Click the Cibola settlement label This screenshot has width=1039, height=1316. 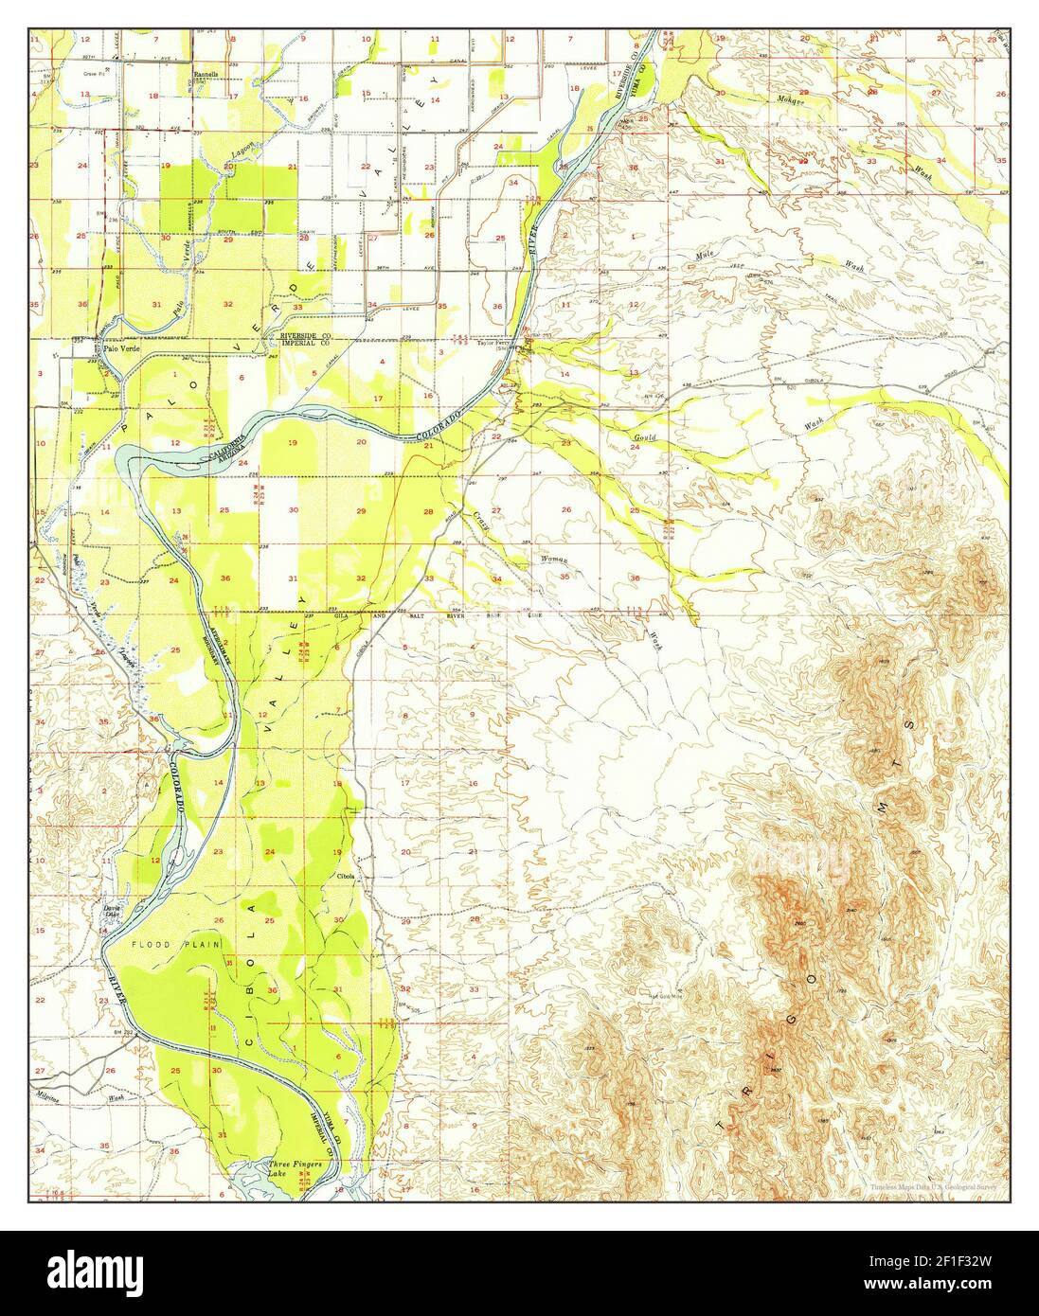pos(345,876)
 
